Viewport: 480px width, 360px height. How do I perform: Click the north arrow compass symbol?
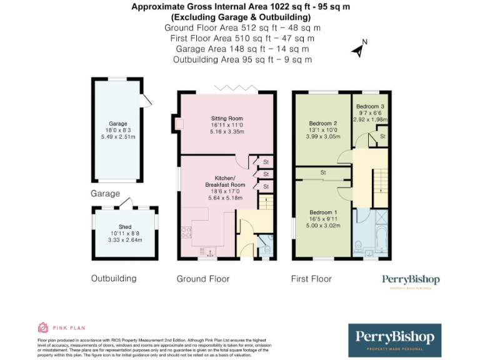click(358, 49)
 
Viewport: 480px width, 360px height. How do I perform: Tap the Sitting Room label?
click(226, 118)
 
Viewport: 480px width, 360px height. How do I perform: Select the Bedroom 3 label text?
click(370, 106)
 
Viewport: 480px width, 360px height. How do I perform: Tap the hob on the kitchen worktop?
click(186, 232)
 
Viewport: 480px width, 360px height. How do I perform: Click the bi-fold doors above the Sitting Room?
click(235, 88)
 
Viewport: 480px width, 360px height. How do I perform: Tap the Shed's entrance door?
click(127, 202)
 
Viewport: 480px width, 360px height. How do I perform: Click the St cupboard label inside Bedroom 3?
click(381, 136)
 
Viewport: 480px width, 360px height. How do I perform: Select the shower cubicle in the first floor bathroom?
click(378, 219)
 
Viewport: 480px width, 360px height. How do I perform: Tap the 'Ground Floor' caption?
click(202, 279)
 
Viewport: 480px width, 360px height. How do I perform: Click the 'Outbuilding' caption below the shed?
click(114, 278)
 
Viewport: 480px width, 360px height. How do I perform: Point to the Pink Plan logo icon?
click(43, 327)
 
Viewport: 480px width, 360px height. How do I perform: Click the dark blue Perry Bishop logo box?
click(394, 340)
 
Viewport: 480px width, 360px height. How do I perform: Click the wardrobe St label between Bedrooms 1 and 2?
click(323, 172)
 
